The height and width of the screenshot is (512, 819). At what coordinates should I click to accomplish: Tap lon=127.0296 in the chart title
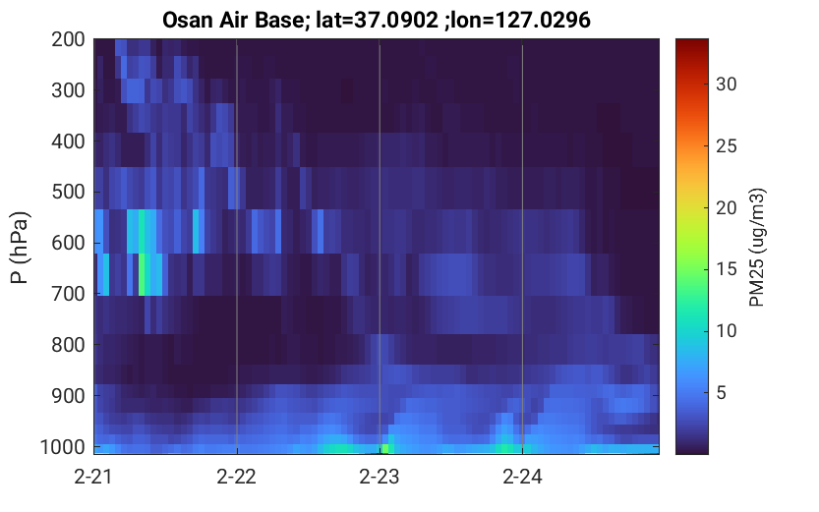tap(523, 21)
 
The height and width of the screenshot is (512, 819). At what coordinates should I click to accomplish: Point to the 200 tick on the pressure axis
tap(68, 39)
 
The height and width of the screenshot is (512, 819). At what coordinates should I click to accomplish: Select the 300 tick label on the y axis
tap(68, 90)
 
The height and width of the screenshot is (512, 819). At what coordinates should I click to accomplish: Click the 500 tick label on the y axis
tap(68, 192)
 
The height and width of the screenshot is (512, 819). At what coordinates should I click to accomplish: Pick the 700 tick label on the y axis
tap(68, 294)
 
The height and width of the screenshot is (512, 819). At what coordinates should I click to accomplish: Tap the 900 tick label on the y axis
tap(68, 396)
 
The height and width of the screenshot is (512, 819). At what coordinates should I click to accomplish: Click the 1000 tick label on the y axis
tap(63, 447)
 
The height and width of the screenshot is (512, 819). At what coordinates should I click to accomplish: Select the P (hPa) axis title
tap(20, 248)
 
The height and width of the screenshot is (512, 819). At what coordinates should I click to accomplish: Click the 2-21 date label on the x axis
tap(93, 477)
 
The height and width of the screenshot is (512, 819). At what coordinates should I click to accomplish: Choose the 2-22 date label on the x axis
tap(237, 477)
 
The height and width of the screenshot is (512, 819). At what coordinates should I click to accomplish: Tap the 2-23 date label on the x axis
tap(380, 477)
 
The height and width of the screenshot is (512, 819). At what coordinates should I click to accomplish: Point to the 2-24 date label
tap(522, 477)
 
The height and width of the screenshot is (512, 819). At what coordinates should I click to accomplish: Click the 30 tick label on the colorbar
tap(726, 85)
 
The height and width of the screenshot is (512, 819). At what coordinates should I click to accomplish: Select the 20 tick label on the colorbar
tap(726, 207)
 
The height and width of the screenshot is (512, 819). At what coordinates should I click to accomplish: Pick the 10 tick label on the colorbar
tap(726, 331)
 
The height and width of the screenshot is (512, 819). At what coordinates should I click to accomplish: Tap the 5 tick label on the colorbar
tap(722, 392)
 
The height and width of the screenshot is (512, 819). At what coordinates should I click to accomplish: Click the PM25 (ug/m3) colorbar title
tap(757, 248)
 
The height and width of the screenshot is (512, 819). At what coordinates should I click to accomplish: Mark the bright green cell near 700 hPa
tap(142, 274)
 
